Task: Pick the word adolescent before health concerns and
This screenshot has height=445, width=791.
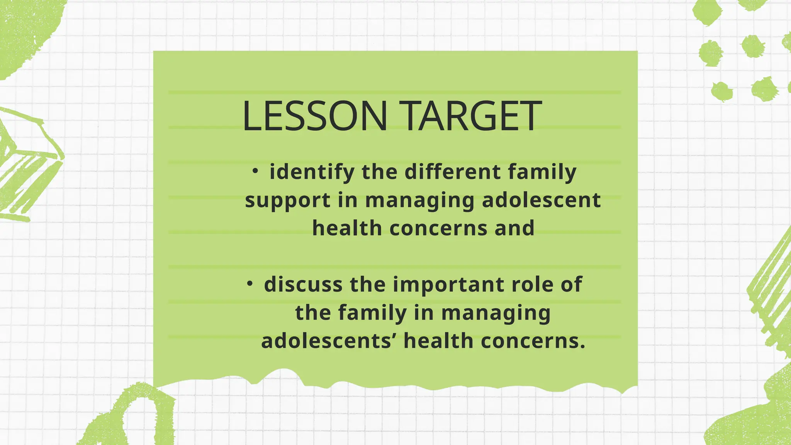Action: tap(541, 200)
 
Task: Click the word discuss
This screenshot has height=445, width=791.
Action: tap(303, 284)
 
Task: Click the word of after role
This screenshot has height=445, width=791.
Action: tap(572, 284)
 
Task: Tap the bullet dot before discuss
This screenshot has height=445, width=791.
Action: tap(250, 284)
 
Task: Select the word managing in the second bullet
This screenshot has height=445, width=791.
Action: tap(496, 313)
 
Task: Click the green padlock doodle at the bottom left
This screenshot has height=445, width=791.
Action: tap(131, 417)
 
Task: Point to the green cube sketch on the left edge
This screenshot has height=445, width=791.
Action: tap(27, 166)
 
